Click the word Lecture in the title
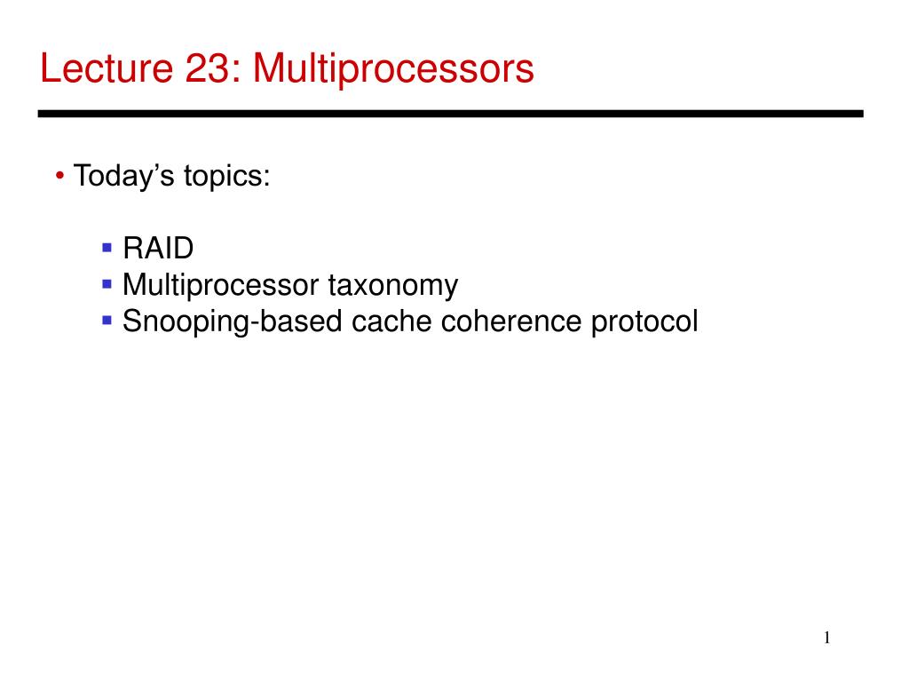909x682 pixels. click(x=107, y=68)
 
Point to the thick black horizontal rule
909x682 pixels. click(x=450, y=114)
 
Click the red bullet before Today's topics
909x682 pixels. click(x=59, y=176)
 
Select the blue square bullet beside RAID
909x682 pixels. click(x=107, y=249)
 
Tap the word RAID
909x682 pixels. click(x=158, y=249)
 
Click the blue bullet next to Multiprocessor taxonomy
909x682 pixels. click(x=107, y=284)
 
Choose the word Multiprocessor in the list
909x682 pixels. click(x=221, y=286)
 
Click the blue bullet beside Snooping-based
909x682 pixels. click(x=107, y=320)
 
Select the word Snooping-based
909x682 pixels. click(x=233, y=321)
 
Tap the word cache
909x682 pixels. click(x=391, y=321)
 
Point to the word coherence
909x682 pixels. click(x=510, y=321)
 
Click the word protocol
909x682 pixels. click(x=644, y=322)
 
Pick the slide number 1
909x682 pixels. click(x=826, y=638)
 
